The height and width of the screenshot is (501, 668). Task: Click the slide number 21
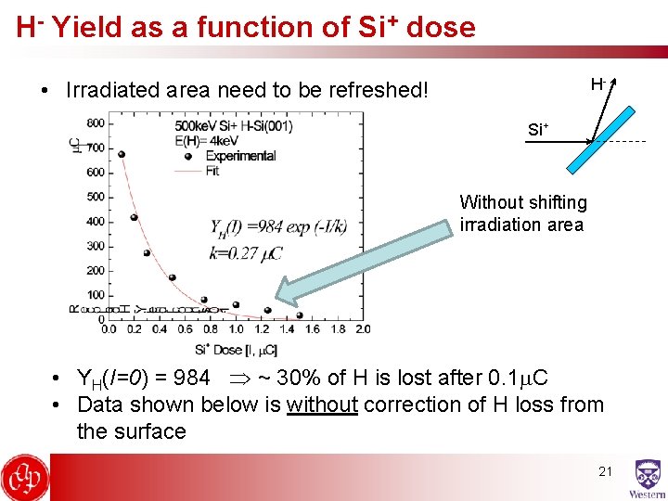pos(605,471)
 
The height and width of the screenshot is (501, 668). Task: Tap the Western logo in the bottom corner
pos(647,479)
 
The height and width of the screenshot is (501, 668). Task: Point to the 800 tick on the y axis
pos(95,123)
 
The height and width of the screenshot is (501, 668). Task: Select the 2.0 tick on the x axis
pos(362,329)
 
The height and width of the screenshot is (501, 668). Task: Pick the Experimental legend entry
pos(240,155)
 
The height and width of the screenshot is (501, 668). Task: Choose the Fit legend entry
pos(214,171)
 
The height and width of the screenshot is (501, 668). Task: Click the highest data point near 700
pos(122,155)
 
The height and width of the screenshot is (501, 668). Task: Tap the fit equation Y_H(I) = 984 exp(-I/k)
pos(278,228)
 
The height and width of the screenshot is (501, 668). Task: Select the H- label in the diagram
pos(597,84)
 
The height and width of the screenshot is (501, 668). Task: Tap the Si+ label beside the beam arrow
pos(537,130)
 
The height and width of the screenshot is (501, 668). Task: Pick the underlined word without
pos(322,405)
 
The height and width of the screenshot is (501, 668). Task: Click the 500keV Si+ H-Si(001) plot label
pos(233,125)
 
